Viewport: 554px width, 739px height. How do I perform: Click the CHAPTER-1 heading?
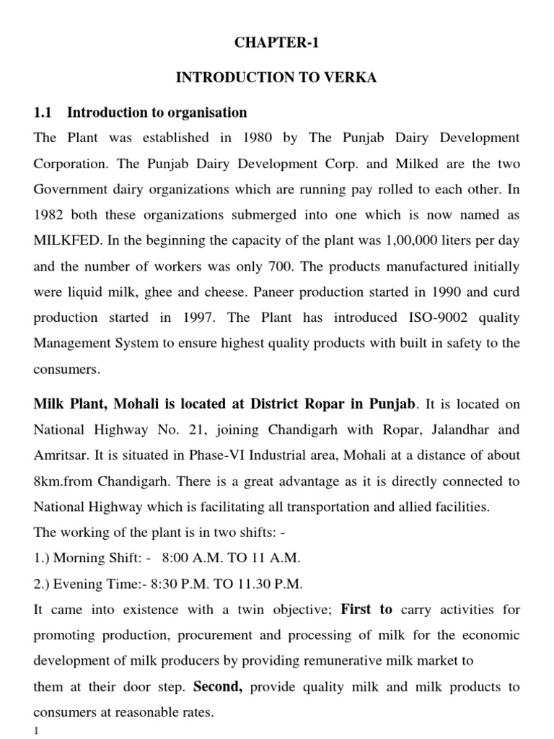coord(276,43)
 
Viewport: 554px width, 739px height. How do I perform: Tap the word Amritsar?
coord(60,455)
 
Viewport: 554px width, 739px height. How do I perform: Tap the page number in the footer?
coord(35,731)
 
